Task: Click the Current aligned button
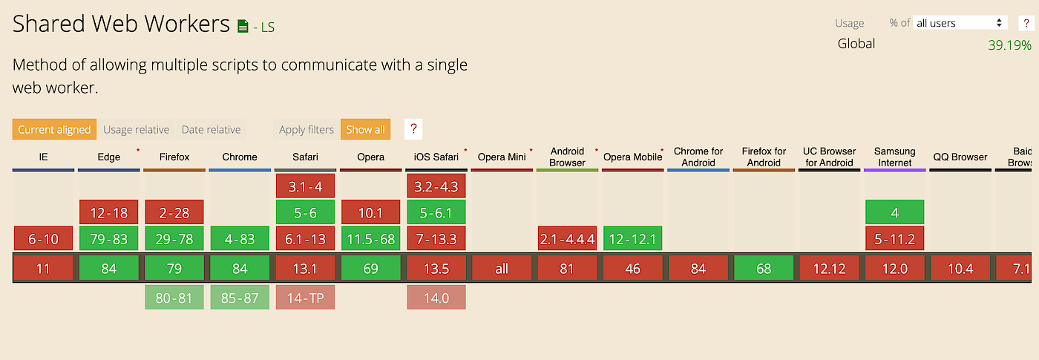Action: (x=54, y=129)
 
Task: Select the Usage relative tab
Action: (x=136, y=129)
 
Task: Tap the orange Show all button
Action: (x=365, y=129)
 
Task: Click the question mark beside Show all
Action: (x=413, y=129)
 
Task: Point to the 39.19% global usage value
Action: (x=1009, y=45)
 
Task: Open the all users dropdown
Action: (x=959, y=23)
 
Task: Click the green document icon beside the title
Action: (x=243, y=26)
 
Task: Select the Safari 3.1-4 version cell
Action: (x=305, y=186)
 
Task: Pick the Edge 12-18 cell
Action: (x=109, y=213)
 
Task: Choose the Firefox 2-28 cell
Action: (x=174, y=213)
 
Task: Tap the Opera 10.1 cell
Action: (x=370, y=213)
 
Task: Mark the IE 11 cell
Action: (x=43, y=268)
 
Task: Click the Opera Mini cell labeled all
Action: (x=502, y=268)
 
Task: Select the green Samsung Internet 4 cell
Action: (x=894, y=213)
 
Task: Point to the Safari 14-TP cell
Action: (x=305, y=298)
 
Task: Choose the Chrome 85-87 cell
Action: (x=240, y=298)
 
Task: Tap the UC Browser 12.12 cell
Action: (x=829, y=268)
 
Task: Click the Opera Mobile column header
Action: (x=632, y=157)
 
